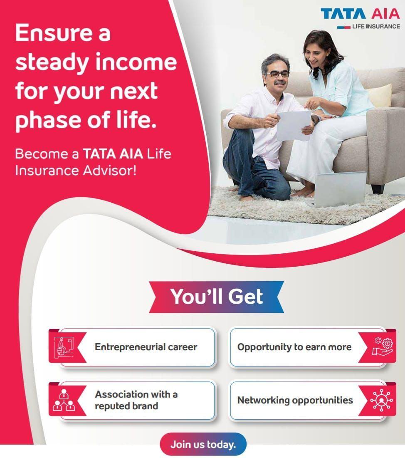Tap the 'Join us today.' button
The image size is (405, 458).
pos(203,444)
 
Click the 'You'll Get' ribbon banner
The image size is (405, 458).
pos(216,297)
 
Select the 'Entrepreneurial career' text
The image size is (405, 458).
pos(146,347)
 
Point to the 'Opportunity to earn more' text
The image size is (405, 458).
pos(294,347)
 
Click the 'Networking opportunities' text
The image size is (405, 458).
pos(295,400)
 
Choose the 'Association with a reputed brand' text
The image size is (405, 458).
pos(136,400)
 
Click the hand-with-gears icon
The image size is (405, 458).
pos(382,347)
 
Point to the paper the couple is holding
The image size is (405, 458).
pos(294,124)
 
